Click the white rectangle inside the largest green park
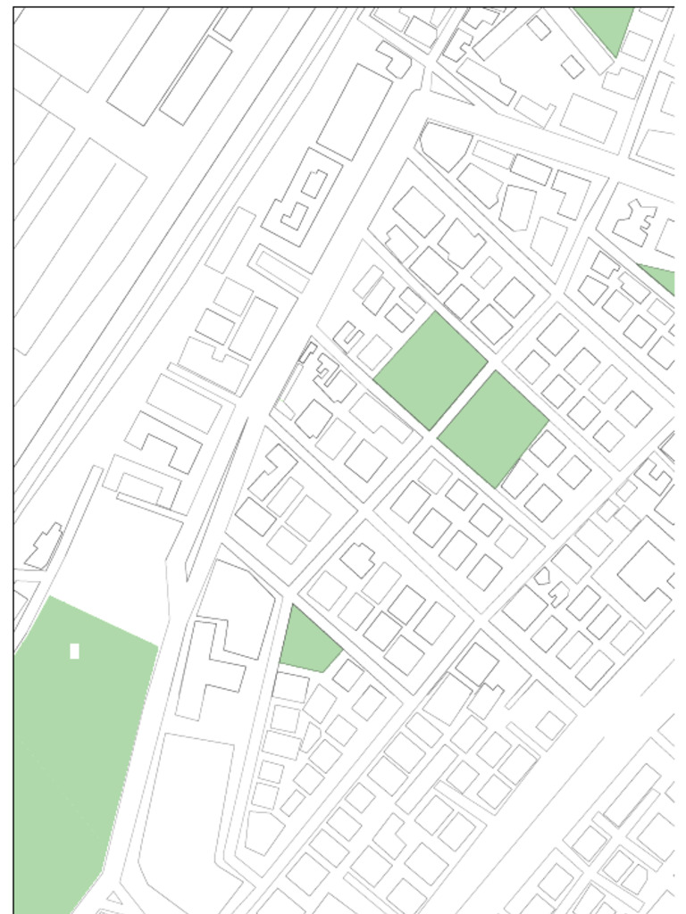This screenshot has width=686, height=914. pos(74,651)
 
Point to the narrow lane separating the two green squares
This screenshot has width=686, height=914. pos(462,400)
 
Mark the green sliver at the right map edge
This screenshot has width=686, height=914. pos(662,278)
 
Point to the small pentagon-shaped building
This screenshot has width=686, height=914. pos(541,576)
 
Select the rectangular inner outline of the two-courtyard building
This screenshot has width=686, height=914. pos(314,183)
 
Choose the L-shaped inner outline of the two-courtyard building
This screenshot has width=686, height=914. pos(295,215)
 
